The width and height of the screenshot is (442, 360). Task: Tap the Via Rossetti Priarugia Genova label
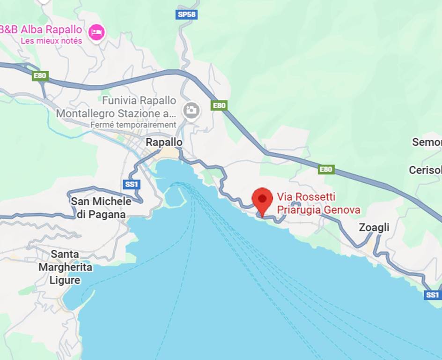click(x=318, y=203)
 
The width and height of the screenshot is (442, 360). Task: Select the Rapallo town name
click(x=164, y=142)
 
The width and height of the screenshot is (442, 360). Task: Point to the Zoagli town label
click(x=374, y=228)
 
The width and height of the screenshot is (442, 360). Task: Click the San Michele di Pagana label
click(x=101, y=208)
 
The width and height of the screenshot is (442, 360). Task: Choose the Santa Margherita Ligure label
click(x=66, y=267)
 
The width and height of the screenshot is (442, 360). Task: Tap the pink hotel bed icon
click(x=97, y=32)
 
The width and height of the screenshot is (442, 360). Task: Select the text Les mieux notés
click(x=52, y=41)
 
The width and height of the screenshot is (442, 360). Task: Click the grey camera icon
click(x=191, y=111)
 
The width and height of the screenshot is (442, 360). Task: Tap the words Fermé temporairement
click(x=133, y=125)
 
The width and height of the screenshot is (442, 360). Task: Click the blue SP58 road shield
click(x=187, y=15)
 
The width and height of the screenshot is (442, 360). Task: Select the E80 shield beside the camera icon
click(x=219, y=105)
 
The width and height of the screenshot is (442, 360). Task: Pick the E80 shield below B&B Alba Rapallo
click(x=40, y=75)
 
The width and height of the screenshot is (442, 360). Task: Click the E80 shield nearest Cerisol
click(x=326, y=169)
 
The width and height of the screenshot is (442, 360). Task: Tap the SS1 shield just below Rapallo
click(x=132, y=185)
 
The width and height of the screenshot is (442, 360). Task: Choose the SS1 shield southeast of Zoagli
click(x=432, y=295)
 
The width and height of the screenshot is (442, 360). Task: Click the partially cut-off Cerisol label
click(x=425, y=170)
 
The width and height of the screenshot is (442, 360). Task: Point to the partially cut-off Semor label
click(x=427, y=142)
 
